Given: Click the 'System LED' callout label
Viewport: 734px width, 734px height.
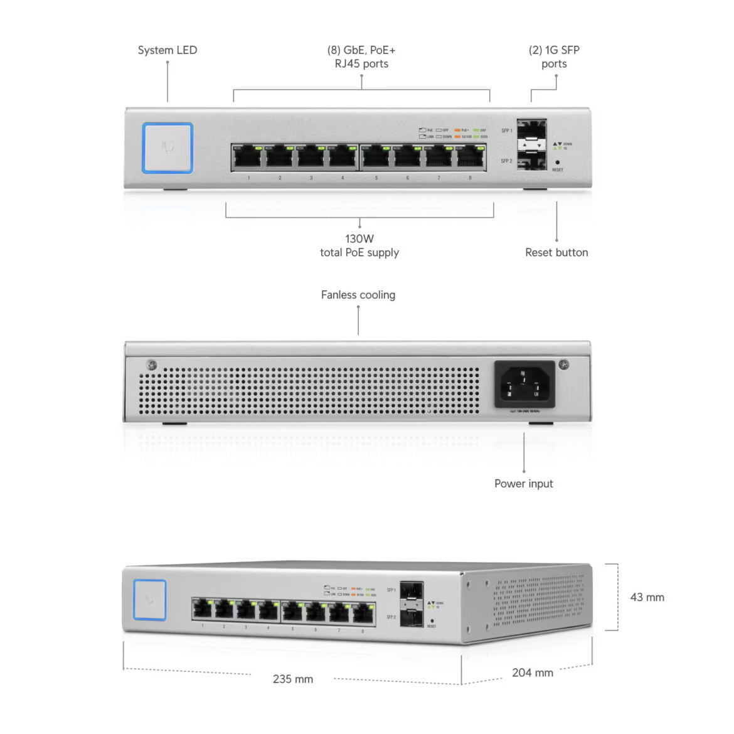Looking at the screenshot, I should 167,50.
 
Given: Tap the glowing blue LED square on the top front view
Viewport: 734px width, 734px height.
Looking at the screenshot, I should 168,148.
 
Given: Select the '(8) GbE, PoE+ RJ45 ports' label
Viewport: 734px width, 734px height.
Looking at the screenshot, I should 361,57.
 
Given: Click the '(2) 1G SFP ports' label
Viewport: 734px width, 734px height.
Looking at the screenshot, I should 554,57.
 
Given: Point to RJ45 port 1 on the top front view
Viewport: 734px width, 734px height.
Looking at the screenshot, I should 248,157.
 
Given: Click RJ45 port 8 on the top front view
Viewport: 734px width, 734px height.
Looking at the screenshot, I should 470,157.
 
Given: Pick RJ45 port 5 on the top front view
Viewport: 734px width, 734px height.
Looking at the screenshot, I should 376,157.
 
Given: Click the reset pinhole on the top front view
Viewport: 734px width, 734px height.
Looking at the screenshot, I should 558,162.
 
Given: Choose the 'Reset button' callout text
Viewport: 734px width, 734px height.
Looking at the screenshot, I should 556,252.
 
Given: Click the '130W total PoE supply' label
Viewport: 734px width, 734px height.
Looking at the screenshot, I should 359,246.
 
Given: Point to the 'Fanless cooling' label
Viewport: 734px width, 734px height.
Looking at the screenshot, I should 358,295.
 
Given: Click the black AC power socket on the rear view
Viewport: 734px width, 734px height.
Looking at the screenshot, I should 524,384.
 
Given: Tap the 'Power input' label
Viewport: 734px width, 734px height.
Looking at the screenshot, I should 524,484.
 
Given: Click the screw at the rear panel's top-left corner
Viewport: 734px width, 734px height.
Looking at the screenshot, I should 151,364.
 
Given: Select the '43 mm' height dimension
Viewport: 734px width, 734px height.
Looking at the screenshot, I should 647,597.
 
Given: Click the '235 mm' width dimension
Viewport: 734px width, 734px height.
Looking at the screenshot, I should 293,679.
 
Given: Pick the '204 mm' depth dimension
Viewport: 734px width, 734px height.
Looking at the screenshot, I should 533,673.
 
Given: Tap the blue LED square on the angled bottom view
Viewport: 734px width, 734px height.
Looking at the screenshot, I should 150,600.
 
